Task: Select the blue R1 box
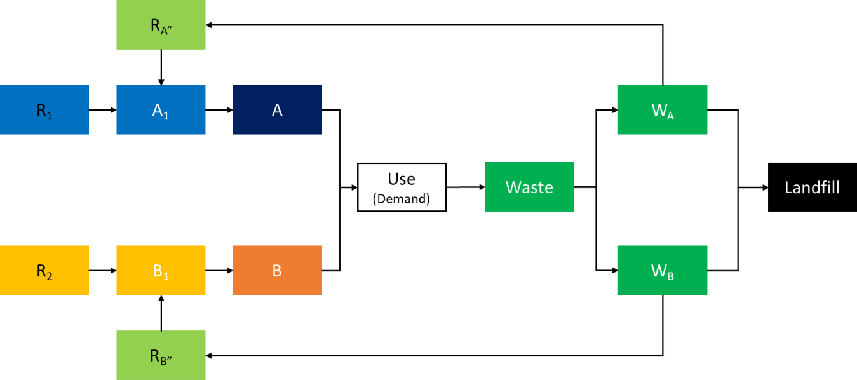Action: (x=44, y=109)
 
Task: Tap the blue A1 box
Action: (x=161, y=109)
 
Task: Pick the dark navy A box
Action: (x=277, y=109)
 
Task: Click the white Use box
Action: (x=402, y=187)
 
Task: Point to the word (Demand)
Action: (x=402, y=199)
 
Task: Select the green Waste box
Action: (x=529, y=187)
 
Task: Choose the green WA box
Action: (x=663, y=109)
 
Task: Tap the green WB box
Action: (x=663, y=271)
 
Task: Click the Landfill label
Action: (x=812, y=187)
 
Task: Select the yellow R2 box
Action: (x=44, y=271)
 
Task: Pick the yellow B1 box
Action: (x=161, y=271)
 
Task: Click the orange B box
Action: (x=277, y=271)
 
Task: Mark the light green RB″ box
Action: (x=161, y=356)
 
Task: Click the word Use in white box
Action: (x=402, y=179)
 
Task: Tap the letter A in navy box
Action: (x=277, y=110)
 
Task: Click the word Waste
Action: (x=529, y=187)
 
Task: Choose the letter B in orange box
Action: (x=277, y=271)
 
